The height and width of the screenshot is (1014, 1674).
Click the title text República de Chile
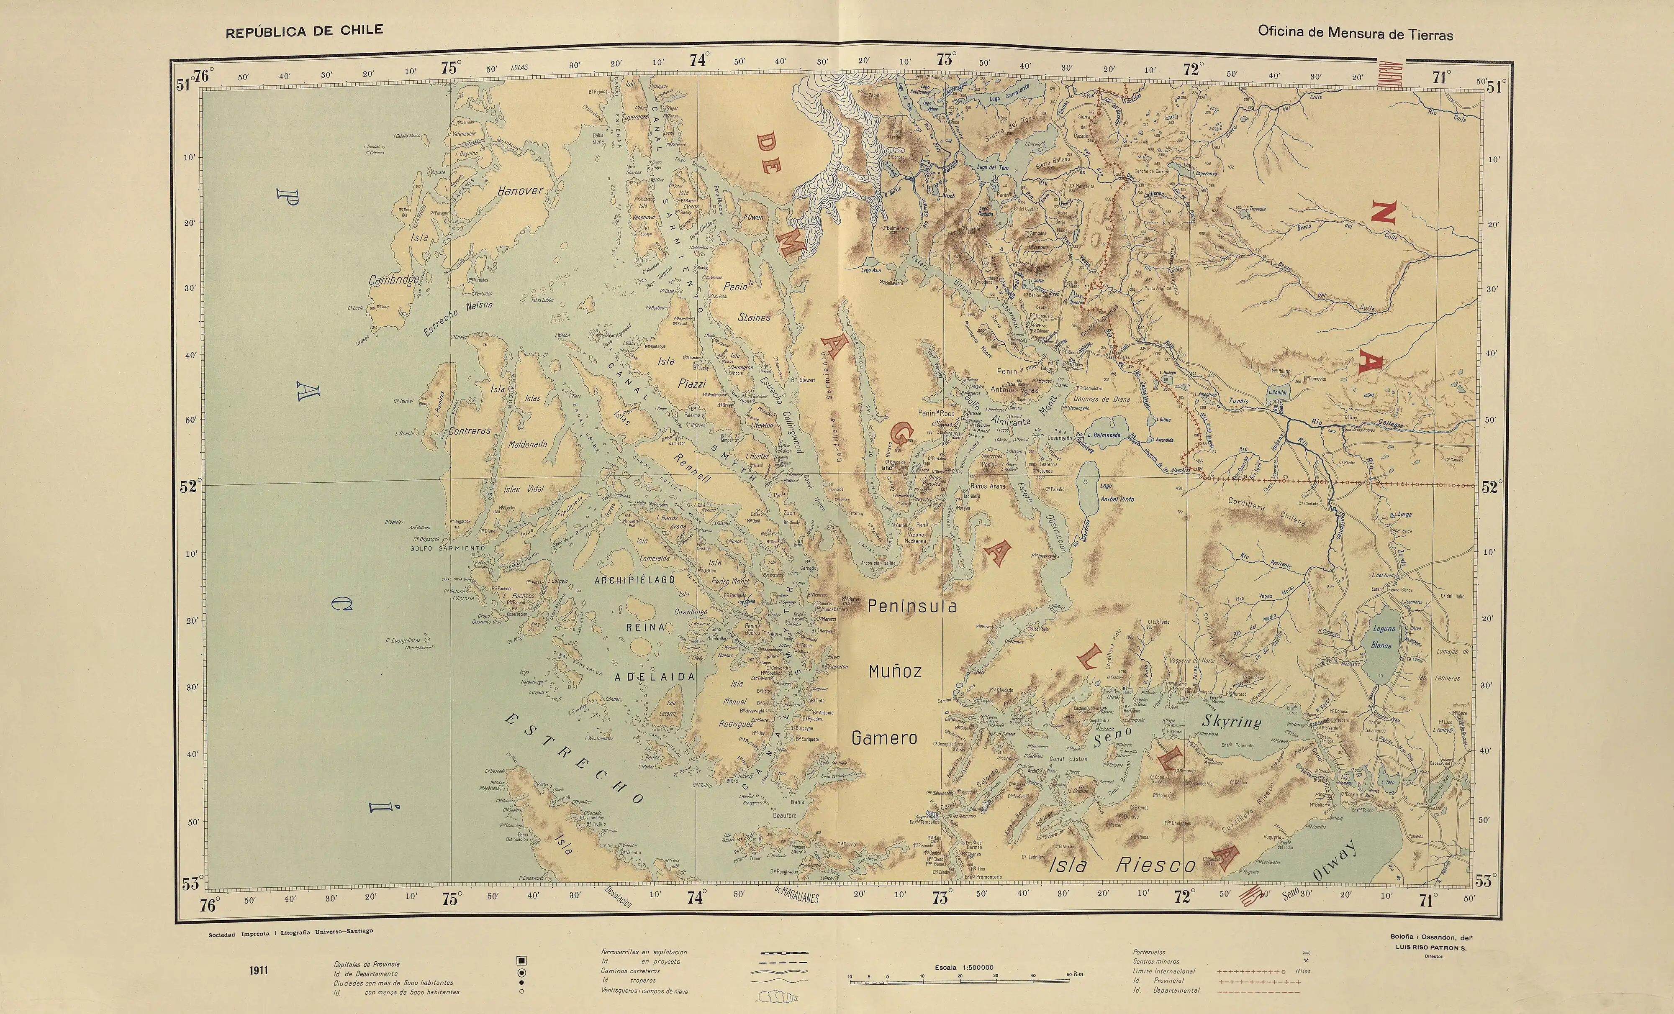tap(304, 31)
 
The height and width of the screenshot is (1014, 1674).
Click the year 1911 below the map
tap(258, 970)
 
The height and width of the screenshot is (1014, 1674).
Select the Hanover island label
tap(521, 192)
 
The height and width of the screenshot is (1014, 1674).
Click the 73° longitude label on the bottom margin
tap(940, 899)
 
